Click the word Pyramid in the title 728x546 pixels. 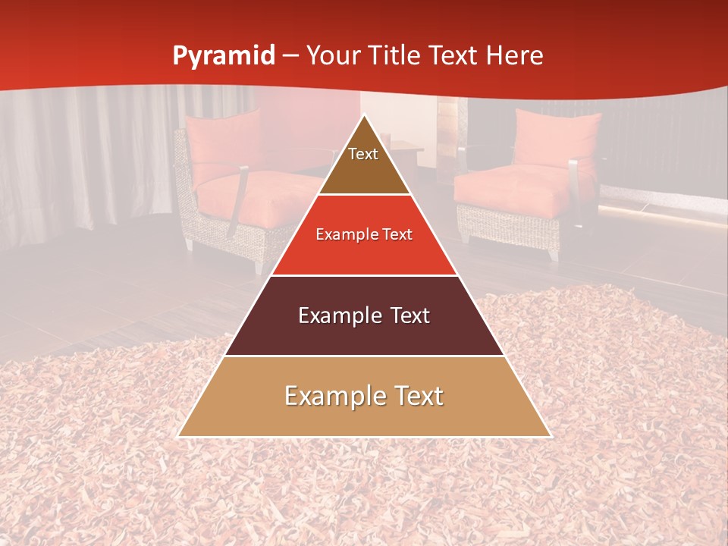223,56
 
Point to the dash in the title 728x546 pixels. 290,56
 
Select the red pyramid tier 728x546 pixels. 364,246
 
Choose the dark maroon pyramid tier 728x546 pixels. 364,326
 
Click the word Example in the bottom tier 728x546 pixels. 331,396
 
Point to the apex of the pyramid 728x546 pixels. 364,115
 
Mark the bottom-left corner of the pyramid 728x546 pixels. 178,436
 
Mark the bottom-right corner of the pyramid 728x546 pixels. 550,436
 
